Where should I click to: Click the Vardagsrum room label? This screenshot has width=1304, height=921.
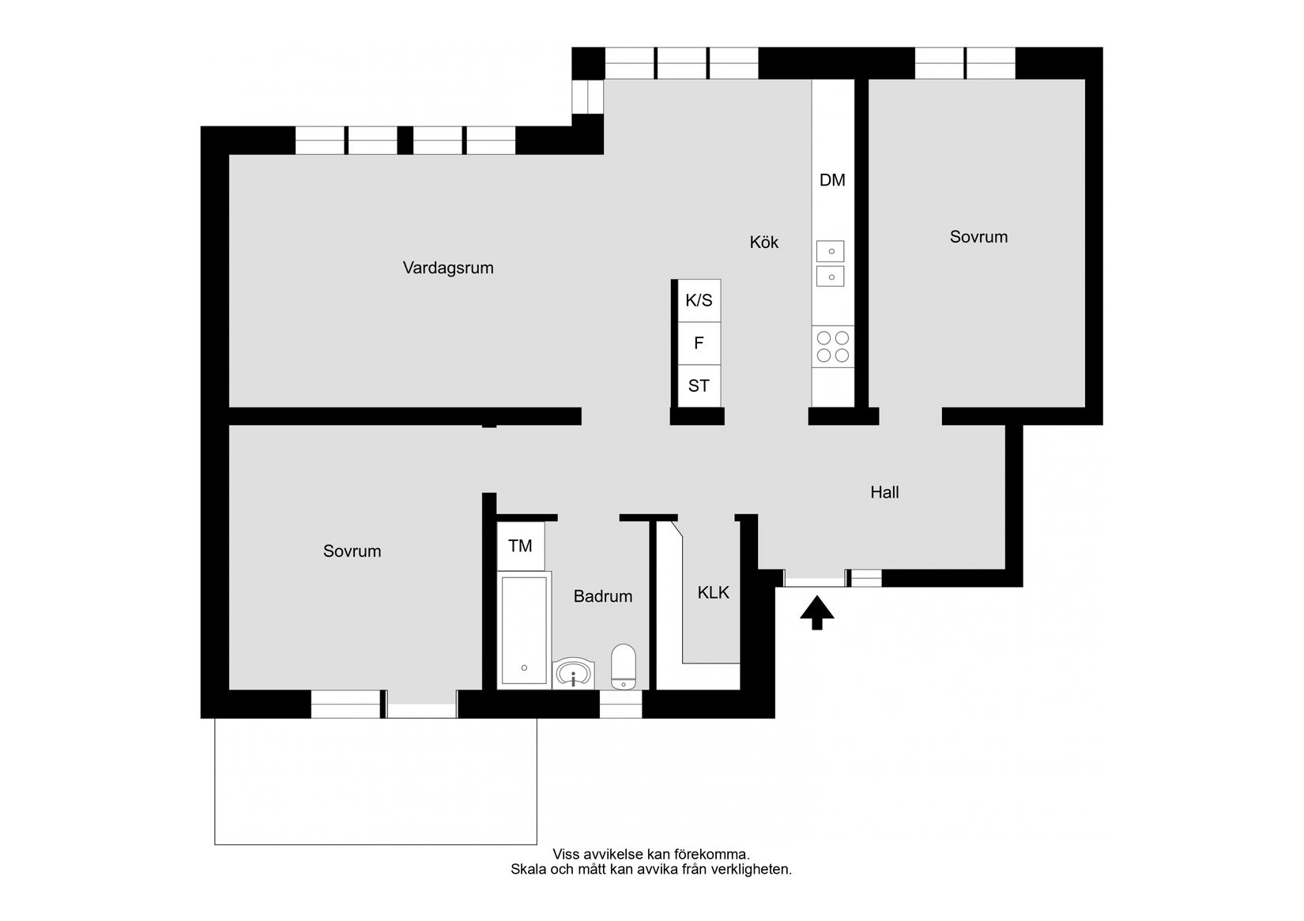448,268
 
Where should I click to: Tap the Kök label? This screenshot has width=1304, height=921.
763,242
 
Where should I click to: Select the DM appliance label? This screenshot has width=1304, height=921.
832,180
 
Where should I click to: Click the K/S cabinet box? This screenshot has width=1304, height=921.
699,300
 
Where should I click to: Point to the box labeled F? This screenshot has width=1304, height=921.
699,344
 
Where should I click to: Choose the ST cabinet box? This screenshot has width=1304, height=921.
699,386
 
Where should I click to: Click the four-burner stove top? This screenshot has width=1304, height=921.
833,346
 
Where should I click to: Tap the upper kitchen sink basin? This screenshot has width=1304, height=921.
831,251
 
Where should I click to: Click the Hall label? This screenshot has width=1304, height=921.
884,493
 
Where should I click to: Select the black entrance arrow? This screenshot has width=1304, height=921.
817,613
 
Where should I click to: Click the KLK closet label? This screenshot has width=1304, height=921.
713,592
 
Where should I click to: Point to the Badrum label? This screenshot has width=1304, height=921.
603,596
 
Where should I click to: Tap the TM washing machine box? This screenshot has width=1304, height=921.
520,546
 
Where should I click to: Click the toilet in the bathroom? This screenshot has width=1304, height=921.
624,667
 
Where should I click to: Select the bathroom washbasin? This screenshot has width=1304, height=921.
573,674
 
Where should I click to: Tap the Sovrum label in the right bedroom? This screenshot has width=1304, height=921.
978,237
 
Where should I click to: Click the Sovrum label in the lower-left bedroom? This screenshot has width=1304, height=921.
352,551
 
